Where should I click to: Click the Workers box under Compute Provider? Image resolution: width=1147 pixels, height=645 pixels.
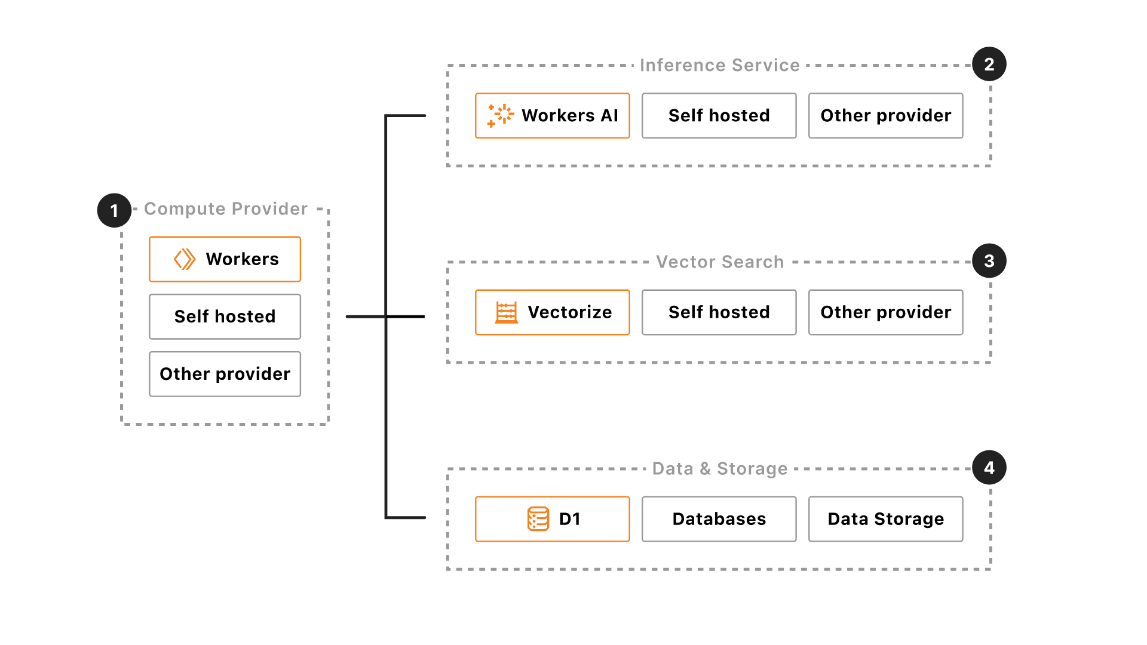(x=225, y=259)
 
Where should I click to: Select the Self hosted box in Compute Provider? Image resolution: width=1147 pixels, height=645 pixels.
(x=225, y=317)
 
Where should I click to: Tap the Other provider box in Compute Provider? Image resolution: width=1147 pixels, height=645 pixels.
(x=225, y=374)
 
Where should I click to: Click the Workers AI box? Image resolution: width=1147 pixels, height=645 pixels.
(x=552, y=116)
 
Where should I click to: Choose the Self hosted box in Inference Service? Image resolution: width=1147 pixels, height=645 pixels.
(x=719, y=116)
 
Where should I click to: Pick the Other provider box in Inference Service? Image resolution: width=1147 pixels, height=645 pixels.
(x=885, y=116)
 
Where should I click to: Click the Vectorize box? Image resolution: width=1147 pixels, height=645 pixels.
(x=552, y=312)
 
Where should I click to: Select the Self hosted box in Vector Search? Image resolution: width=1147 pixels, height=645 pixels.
(x=719, y=312)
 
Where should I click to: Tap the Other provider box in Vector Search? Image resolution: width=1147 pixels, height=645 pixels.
(x=885, y=312)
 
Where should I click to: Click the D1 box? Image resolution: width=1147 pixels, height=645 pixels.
(x=552, y=519)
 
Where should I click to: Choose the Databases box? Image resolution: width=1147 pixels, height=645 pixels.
(x=719, y=519)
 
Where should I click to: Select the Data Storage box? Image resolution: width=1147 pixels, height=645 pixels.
(x=885, y=519)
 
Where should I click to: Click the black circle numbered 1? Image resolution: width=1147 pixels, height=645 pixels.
(x=114, y=210)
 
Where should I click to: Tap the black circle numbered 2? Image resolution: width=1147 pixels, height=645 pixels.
(x=989, y=64)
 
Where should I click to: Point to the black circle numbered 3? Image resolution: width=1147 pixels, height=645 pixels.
(x=989, y=260)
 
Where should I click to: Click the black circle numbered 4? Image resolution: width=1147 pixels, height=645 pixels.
(x=989, y=468)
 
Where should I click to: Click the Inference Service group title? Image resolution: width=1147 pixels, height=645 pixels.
(x=719, y=65)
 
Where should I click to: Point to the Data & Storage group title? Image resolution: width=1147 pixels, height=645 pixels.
(x=719, y=469)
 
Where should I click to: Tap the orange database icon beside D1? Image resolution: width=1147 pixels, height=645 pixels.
(x=538, y=519)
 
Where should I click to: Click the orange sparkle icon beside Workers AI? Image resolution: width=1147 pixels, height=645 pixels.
(x=500, y=115)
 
